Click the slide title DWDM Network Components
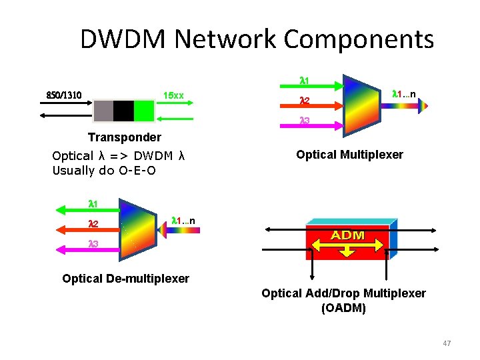(257, 39)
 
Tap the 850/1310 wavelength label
(64, 95)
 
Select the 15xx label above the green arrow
(173, 95)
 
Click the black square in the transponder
(123, 111)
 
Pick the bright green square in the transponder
(143, 111)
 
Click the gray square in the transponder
(103, 111)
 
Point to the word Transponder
(125, 137)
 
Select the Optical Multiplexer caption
(349, 155)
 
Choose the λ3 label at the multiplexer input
(303, 121)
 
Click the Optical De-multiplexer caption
(125, 278)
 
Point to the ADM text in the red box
(347, 235)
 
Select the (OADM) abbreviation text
(343, 308)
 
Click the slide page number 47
(447, 343)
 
